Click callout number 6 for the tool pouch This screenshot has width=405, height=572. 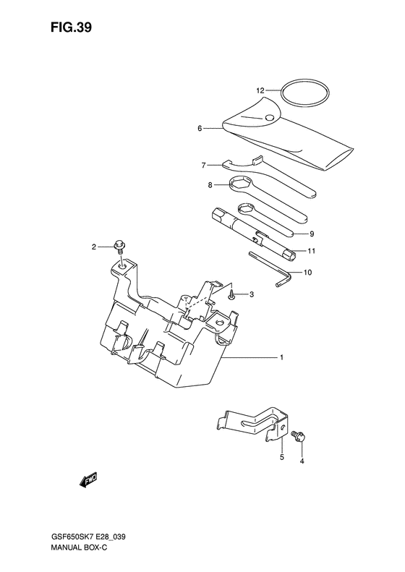pos(199,129)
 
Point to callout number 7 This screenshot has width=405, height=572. pos(205,164)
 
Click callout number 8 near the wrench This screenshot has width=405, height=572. pos(210,185)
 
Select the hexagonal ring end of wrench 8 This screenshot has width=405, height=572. pos(239,185)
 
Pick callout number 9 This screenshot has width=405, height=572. pos(312,234)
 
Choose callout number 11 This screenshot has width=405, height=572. pos(312,251)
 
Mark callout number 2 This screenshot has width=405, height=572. pos(93,248)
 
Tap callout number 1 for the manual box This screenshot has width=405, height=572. pos(281,358)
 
